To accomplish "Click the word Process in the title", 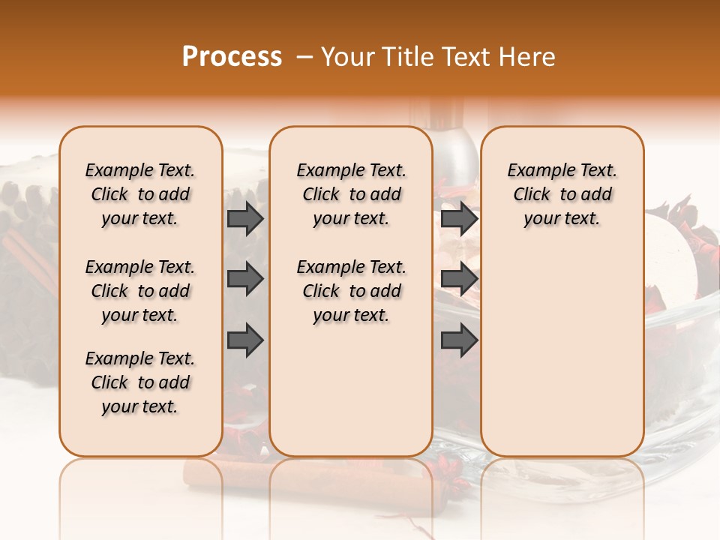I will (232, 57).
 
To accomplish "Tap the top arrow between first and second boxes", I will (245, 218).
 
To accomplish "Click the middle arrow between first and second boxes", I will (245, 280).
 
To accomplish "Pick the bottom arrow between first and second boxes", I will (245, 340).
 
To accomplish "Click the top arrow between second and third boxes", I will (459, 218).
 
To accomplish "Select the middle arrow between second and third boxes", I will (459, 280).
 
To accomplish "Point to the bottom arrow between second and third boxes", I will (459, 340).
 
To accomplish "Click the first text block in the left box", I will (140, 194).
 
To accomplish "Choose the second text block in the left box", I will (140, 291).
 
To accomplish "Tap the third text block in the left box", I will (140, 382).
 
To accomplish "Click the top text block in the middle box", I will (351, 194).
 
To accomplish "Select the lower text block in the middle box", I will (351, 291).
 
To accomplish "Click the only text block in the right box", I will (562, 194).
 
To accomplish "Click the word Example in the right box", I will (538, 171).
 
